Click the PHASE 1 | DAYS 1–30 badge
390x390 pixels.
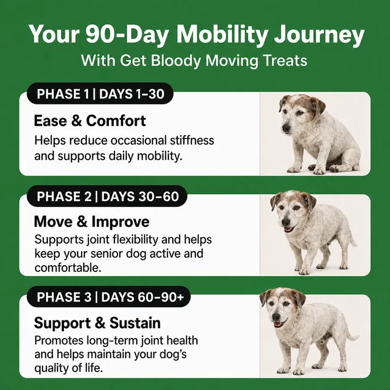pyautogui.click(x=100, y=94)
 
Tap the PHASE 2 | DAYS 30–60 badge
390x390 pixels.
pyautogui.click(x=107, y=196)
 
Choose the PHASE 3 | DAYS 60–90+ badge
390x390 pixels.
pyautogui.click(x=109, y=296)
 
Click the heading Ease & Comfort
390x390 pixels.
pyautogui.click(x=90, y=121)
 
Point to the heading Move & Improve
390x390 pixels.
pyautogui.click(x=91, y=222)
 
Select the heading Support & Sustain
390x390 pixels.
pyautogui.click(x=97, y=323)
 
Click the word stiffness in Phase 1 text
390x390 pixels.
pyautogui.click(x=192, y=140)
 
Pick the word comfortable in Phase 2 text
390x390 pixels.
pyautogui.click(x=68, y=268)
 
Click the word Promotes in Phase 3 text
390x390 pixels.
pyautogui.click(x=59, y=341)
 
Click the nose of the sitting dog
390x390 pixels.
pyautogui.click(x=286, y=128)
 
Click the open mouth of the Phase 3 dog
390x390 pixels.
pyautogui.click(x=278, y=324)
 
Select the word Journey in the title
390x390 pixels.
pyautogui.click(x=319, y=36)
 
